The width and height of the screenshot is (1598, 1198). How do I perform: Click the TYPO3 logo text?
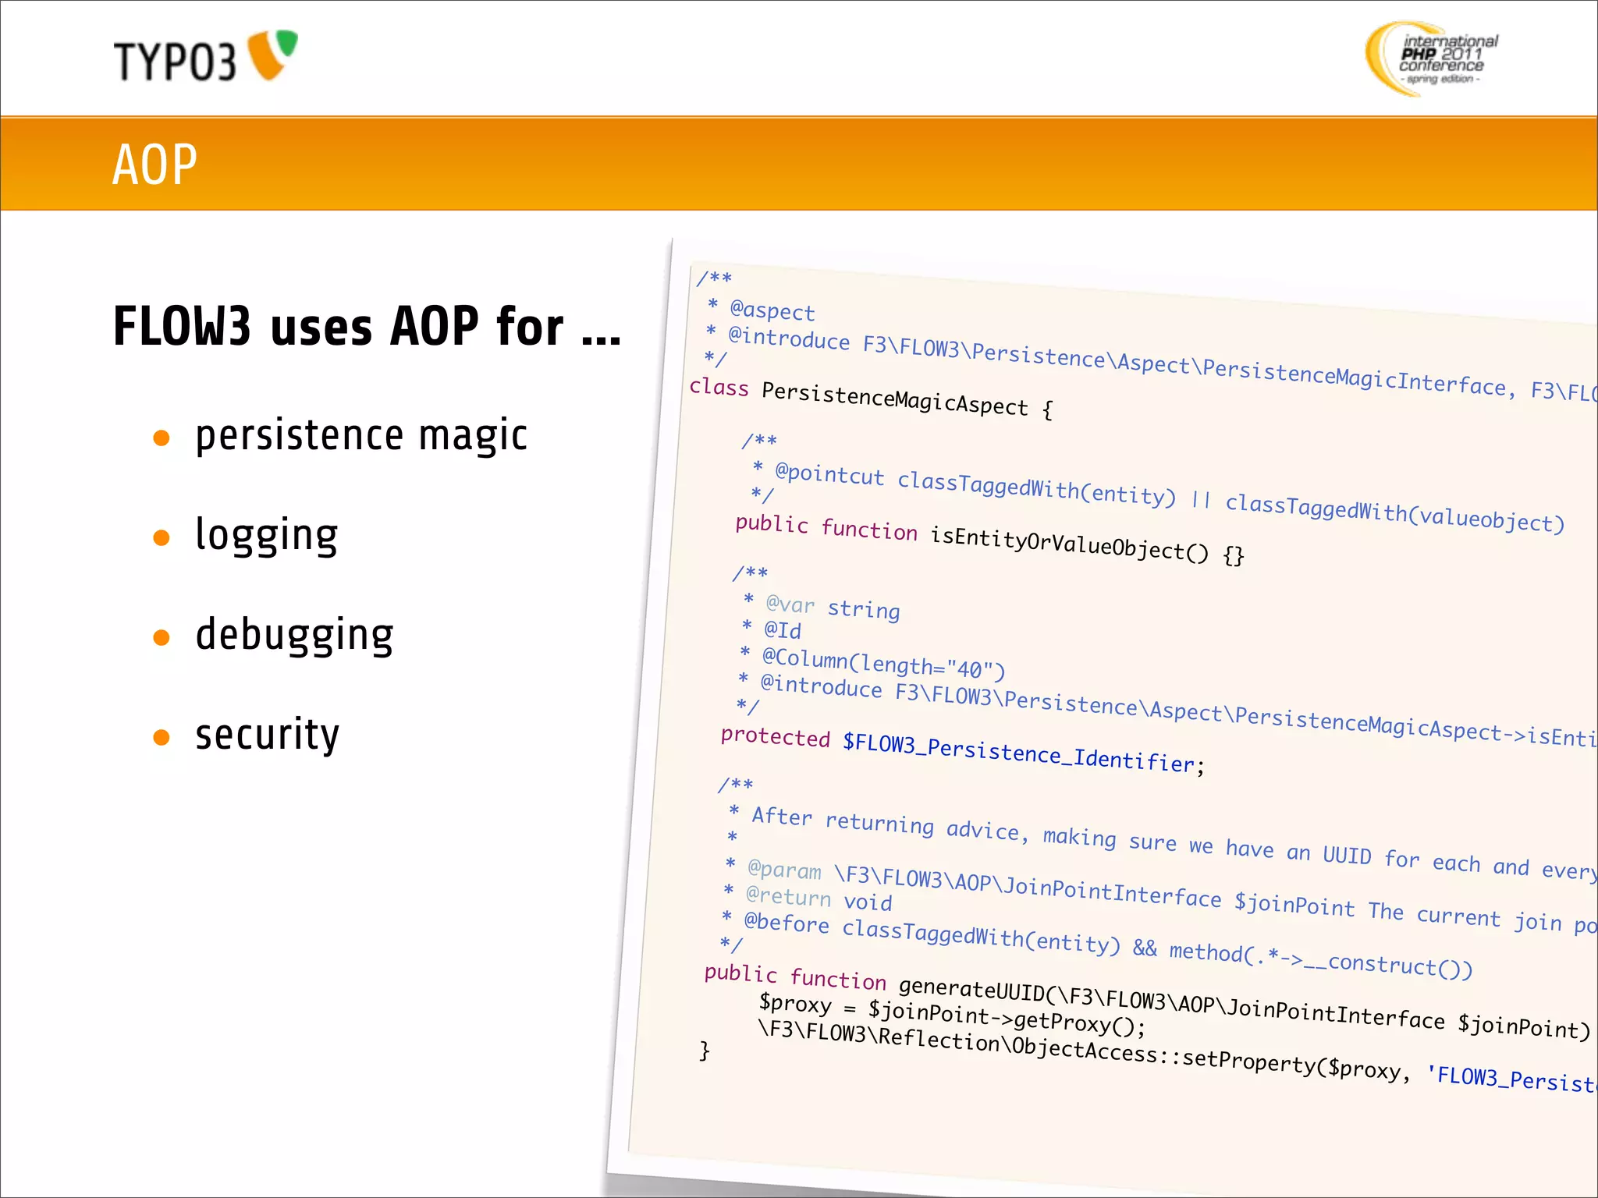click(175, 61)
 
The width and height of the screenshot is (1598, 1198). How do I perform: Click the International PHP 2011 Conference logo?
click(1432, 58)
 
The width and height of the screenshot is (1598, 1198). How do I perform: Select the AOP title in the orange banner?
click(154, 165)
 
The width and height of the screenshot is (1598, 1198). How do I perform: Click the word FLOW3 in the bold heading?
click(182, 326)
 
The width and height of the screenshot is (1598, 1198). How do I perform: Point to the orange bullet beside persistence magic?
click(162, 438)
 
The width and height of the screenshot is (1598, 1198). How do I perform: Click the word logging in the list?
click(266, 536)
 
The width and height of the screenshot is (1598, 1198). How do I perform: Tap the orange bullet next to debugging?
click(162, 638)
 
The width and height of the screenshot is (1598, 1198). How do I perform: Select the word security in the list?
click(267, 735)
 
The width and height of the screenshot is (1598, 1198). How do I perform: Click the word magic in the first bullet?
click(473, 435)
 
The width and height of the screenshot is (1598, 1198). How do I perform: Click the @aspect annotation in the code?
click(772, 310)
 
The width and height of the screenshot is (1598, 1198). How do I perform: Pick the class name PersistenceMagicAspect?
click(894, 398)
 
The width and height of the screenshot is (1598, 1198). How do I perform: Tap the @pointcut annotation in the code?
click(829, 474)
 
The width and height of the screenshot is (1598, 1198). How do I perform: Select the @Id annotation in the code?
click(782, 629)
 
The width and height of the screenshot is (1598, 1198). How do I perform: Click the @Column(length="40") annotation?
click(883, 664)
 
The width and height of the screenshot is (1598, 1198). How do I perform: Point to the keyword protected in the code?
click(775, 737)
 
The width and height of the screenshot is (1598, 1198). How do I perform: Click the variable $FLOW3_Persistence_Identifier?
click(1018, 753)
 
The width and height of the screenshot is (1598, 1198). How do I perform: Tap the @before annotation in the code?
click(787, 923)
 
